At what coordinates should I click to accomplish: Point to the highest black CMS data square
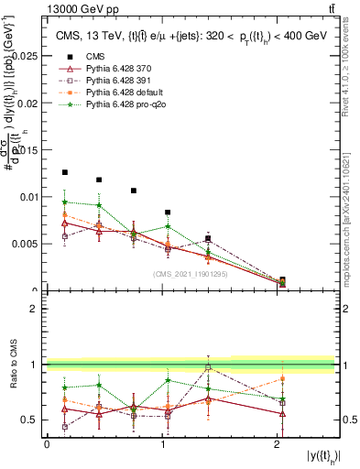pyautogui.click(x=64, y=172)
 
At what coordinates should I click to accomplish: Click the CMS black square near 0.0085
pyautogui.click(x=168, y=213)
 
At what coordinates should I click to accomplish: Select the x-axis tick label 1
pyautogui.click(x=162, y=444)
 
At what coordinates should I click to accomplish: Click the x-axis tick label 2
pyautogui.click(x=278, y=444)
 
